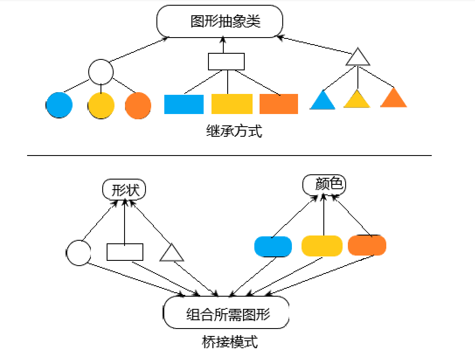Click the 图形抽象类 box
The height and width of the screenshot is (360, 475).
[x=220, y=21]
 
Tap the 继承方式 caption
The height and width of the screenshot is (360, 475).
[x=234, y=131]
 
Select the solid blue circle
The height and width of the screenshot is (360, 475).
[x=59, y=105]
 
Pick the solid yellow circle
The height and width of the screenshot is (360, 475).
[x=101, y=105]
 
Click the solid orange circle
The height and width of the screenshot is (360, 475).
[x=138, y=105]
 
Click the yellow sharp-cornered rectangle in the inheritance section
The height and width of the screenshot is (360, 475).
[x=232, y=104]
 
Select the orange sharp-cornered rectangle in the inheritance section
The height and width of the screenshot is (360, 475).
[x=279, y=104]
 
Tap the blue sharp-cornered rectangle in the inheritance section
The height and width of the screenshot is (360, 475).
[x=184, y=104]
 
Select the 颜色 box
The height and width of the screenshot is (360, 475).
[x=324, y=185]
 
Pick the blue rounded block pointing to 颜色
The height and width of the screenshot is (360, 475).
[x=273, y=246]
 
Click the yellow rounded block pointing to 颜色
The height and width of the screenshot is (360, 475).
[x=322, y=246]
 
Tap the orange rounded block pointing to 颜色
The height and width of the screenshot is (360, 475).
[x=367, y=246]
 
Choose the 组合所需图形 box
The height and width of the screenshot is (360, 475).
[x=226, y=313]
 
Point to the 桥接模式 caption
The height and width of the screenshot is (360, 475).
[x=230, y=341]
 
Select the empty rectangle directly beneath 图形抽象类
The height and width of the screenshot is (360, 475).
[x=226, y=62]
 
